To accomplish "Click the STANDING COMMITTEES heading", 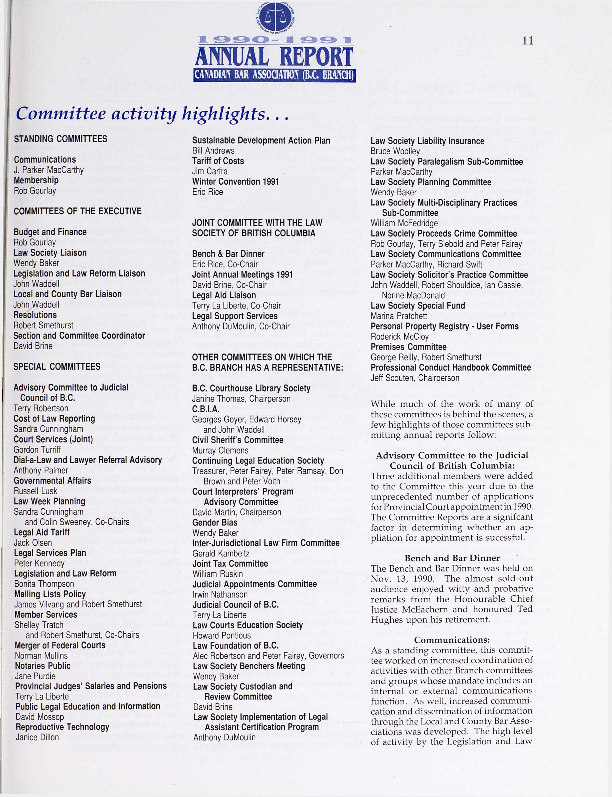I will point(61,139).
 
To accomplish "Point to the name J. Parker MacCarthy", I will point(49,170).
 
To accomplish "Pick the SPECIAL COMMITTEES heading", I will point(57,366).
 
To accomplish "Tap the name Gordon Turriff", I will point(37,450).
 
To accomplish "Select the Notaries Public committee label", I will point(43,665).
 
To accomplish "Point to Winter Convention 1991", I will point(235,182).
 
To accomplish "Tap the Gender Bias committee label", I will point(215,523).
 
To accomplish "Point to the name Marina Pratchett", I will point(399,316).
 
